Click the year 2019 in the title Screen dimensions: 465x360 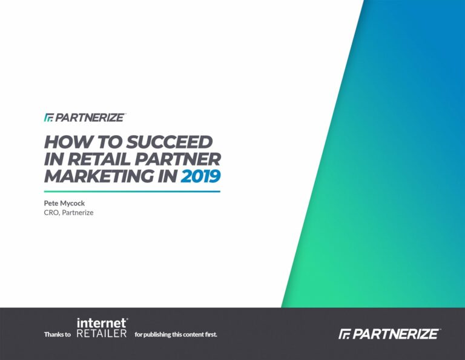tap(200, 176)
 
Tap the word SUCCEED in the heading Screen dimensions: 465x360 tap(170, 142)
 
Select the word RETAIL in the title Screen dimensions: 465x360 tap(99, 159)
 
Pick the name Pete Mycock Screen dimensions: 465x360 tap(64, 203)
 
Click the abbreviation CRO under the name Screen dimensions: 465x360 tap(51, 213)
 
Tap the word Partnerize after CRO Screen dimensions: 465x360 tap(77, 213)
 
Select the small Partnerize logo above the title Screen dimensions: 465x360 tap(85, 118)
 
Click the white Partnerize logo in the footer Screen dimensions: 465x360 tap(389, 334)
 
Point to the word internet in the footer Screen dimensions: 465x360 tap(102, 323)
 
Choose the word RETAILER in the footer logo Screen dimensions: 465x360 tap(102, 333)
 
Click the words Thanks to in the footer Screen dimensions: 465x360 tap(58, 335)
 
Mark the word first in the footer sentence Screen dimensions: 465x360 tap(211, 335)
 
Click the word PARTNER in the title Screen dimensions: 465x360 tap(178, 159)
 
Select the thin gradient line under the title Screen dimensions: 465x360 tap(132, 192)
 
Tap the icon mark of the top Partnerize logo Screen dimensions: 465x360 tap(49, 118)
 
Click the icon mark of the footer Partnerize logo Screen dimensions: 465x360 tap(345, 334)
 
